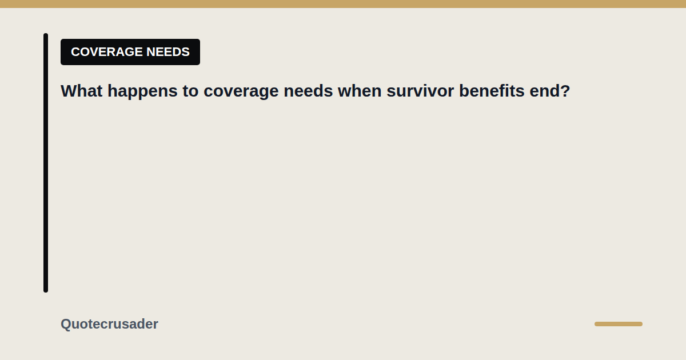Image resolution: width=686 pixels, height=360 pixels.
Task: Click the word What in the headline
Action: click(81, 91)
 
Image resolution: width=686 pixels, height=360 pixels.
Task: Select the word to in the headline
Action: click(190, 91)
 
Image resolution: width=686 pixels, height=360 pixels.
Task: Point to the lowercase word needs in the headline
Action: click(308, 91)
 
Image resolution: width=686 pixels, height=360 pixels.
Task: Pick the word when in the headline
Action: click(360, 91)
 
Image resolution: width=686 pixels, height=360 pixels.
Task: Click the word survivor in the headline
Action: click(420, 91)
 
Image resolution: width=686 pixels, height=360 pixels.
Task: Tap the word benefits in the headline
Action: click(492, 91)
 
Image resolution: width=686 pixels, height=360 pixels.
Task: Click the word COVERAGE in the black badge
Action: click(107, 52)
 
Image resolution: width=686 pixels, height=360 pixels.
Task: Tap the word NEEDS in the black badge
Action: click(168, 52)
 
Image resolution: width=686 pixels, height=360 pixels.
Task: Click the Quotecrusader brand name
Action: click(109, 324)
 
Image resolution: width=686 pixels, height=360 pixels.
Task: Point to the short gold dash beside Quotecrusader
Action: click(619, 324)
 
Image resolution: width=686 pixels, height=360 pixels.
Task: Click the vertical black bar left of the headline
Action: click(46, 163)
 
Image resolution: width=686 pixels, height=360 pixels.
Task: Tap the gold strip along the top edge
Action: click(343, 4)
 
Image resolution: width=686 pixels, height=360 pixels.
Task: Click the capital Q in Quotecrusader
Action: click(66, 324)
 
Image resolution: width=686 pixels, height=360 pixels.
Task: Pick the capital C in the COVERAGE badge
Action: click(75, 52)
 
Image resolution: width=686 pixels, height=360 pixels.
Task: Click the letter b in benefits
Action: click(464, 91)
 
